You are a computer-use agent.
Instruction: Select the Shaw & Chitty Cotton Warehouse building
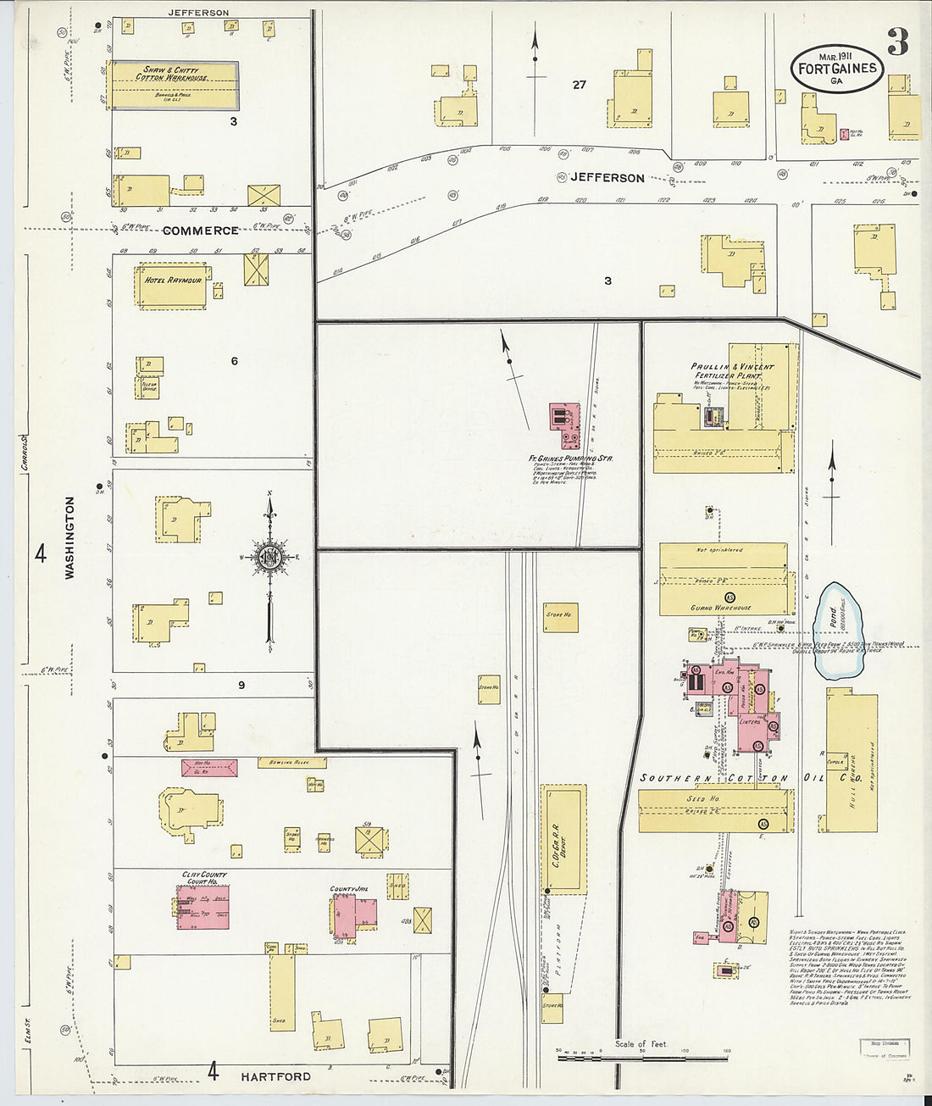coord(175,85)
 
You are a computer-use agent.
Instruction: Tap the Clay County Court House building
coord(204,907)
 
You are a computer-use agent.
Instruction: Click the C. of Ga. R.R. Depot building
coord(564,838)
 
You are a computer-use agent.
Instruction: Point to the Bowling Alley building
coord(291,763)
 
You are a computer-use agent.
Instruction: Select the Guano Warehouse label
coord(720,608)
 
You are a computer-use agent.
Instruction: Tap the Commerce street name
coord(200,231)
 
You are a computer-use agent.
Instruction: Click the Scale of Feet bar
coord(641,1056)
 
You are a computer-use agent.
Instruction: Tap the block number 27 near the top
coord(579,85)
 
